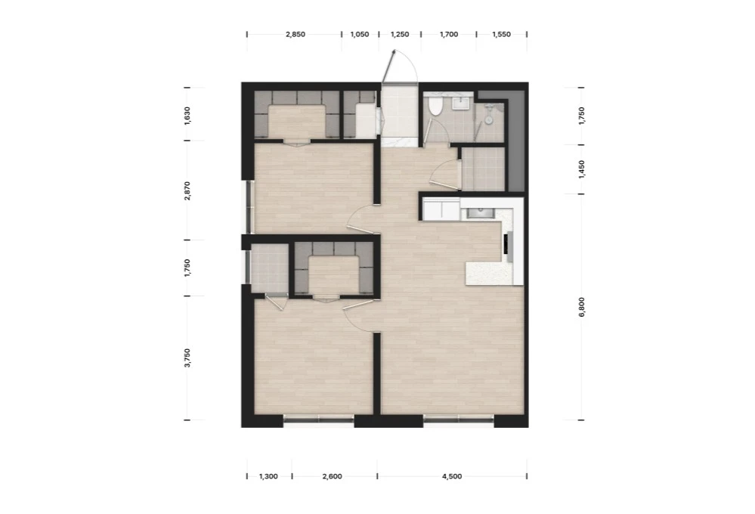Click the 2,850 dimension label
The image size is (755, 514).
point(296,34)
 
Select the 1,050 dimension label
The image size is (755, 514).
point(360,34)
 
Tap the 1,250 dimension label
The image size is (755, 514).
point(400,34)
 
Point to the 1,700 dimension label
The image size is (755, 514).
point(449,34)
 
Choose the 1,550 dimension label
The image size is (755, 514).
point(501,34)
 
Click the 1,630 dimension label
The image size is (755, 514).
point(187,116)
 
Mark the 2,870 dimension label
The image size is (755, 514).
point(187,190)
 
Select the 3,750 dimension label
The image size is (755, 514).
point(187,358)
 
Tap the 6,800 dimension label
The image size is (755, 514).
point(582,307)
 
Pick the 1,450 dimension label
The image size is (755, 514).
point(582,169)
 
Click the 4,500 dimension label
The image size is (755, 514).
point(452,476)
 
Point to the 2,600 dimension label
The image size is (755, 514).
point(333,476)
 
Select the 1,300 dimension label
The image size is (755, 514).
point(268,476)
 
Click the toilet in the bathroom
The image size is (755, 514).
point(435,106)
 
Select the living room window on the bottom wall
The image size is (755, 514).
point(459,420)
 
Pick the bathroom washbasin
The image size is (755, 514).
point(463,102)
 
